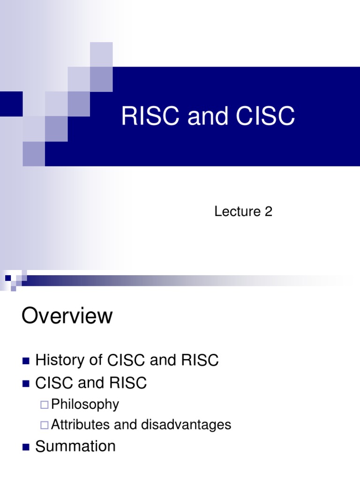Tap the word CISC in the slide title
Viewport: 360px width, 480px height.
pyautogui.click(x=266, y=116)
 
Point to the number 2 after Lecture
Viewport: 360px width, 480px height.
pyautogui.click(x=268, y=212)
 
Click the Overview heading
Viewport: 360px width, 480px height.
pyautogui.click(x=67, y=316)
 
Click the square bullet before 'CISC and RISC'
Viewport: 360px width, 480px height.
pyautogui.click(x=26, y=384)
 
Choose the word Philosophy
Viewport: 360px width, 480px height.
pyautogui.click(x=85, y=404)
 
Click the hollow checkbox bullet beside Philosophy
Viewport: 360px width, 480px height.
pyautogui.click(x=45, y=405)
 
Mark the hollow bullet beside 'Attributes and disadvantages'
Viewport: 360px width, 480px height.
pyautogui.click(x=45, y=425)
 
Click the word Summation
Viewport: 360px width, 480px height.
pyautogui.click(x=75, y=446)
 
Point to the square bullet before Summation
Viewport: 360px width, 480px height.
pyautogui.click(x=26, y=447)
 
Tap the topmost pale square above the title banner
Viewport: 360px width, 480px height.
pyautogui.click(x=101, y=54)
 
